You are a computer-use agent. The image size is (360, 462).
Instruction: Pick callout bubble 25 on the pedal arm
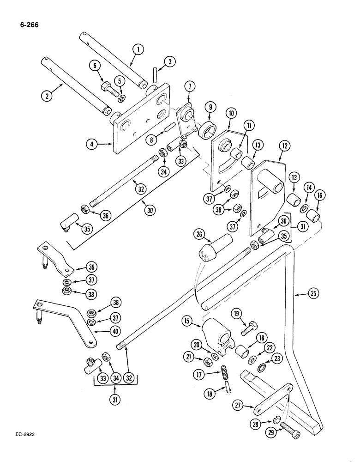point(301,293)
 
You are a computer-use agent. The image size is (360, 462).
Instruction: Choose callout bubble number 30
point(150,210)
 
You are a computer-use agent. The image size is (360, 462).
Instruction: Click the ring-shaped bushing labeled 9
point(209,125)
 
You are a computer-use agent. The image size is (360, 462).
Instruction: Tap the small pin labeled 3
point(155,74)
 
